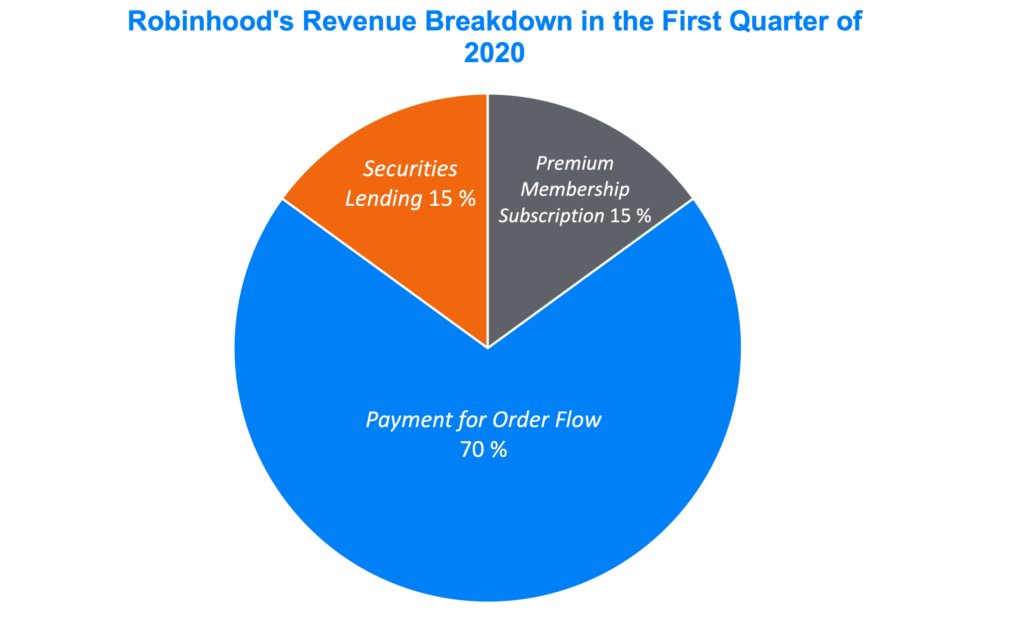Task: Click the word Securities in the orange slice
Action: pos(410,169)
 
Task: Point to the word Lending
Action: pos(384,199)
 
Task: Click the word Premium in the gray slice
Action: pos(574,163)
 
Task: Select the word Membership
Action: pos(575,190)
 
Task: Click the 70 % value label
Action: pos(483,450)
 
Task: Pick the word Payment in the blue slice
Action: pos(410,420)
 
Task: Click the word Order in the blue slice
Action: pos(521,420)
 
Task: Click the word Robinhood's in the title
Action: pos(211,21)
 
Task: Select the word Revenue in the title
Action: pos(359,21)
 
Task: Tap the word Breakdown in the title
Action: pos(499,21)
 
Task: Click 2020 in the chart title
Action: pos(494,53)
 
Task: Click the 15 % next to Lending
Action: pos(452,199)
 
